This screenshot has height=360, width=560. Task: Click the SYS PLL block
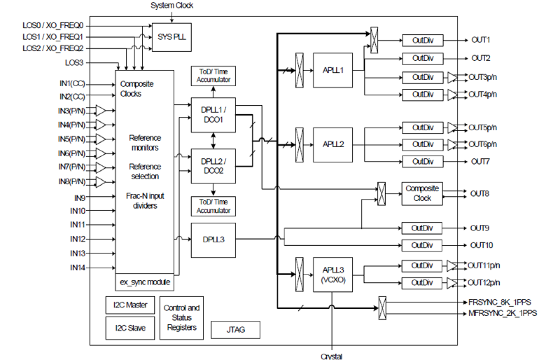172,37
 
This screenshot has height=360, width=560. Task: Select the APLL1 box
333,70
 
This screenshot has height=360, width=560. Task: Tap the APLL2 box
333,145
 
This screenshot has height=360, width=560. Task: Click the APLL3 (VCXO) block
333,274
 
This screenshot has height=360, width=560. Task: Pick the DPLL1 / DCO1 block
213,115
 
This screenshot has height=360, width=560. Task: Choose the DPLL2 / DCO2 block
213,166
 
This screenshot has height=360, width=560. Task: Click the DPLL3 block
213,240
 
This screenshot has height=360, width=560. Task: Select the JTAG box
235,330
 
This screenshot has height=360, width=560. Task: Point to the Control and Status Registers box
181,318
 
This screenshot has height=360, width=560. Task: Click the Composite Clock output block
422,193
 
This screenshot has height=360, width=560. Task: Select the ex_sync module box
144,282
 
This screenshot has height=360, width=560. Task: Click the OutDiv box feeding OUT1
422,40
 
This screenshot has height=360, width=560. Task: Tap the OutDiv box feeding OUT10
422,245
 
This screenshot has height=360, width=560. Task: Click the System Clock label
172,6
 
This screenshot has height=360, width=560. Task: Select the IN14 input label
77,268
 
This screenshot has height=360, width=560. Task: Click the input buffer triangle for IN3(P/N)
100,110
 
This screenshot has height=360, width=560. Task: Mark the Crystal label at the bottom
332,356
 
